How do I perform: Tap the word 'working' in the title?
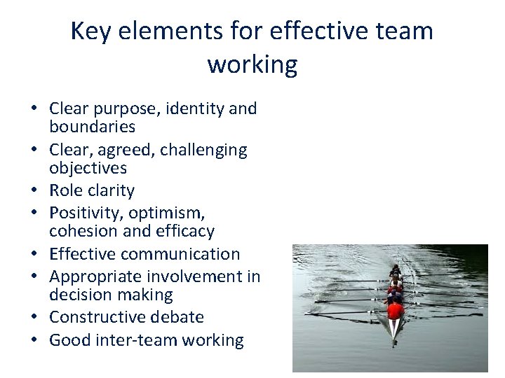[x=252, y=64]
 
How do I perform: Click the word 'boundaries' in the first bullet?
[x=92, y=127]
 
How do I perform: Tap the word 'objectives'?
[x=88, y=168]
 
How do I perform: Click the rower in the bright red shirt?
[x=396, y=310]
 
